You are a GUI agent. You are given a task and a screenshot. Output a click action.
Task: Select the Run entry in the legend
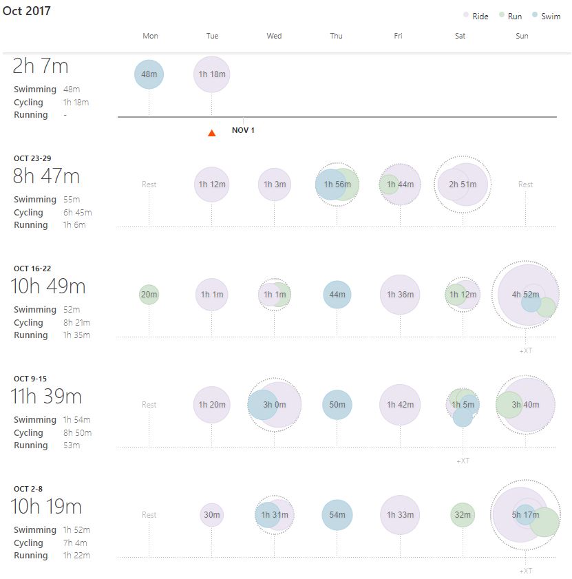click(511, 17)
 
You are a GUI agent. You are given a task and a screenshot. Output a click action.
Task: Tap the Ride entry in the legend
click(476, 17)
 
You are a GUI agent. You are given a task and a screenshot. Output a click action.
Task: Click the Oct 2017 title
click(27, 12)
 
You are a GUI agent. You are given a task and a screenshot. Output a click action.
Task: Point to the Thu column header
click(336, 36)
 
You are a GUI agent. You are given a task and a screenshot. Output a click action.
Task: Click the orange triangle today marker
click(212, 133)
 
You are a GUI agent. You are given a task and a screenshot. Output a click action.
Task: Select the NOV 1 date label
click(243, 130)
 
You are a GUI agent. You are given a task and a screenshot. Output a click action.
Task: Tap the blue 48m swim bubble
click(149, 74)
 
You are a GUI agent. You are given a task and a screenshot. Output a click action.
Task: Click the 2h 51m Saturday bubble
click(463, 185)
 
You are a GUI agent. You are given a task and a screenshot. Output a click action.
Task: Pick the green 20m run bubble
click(149, 295)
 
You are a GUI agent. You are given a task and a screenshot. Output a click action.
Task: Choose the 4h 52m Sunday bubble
click(526, 295)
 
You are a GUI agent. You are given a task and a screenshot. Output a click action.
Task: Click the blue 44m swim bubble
click(337, 295)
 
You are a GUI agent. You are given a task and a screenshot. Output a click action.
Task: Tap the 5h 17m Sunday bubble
click(526, 515)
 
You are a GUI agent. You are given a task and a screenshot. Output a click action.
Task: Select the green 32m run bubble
click(463, 515)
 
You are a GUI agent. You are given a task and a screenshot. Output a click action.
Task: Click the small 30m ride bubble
click(212, 515)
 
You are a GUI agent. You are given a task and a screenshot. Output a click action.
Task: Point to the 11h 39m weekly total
click(46, 397)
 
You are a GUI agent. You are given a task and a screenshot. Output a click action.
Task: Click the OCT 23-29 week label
click(32, 158)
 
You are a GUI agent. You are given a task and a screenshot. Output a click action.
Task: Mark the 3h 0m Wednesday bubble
click(275, 405)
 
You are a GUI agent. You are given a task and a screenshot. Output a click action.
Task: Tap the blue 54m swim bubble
click(337, 515)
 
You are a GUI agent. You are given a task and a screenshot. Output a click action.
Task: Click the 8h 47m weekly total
click(46, 176)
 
